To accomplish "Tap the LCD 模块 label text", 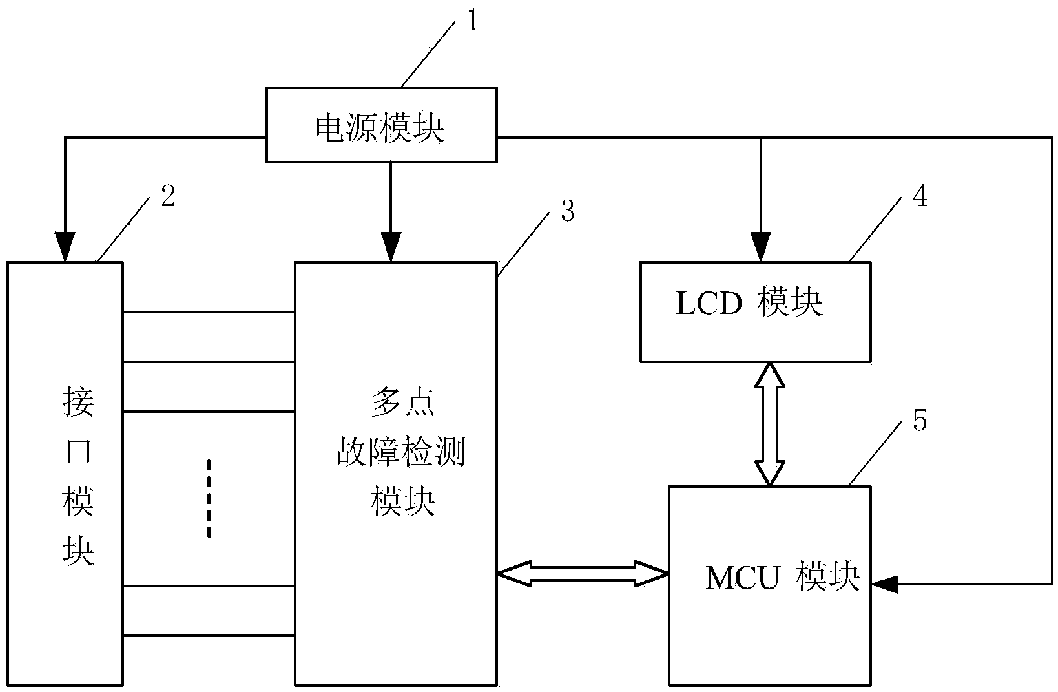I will tap(749, 304).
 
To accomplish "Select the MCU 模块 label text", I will tap(783, 578).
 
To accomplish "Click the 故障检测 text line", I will tap(400, 454).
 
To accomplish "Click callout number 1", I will tap(473, 23).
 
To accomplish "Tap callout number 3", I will tap(568, 212).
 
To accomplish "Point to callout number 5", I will tap(920, 421).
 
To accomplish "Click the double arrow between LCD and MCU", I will tap(770, 423).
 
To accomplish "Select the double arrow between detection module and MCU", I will tap(583, 574).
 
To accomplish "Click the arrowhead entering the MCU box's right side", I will tap(884, 584).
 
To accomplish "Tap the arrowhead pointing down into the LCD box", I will tap(761, 249).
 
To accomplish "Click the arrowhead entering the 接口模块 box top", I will tap(65, 249).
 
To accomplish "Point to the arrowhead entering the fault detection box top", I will tap(390, 249).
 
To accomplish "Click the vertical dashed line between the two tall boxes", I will tap(209, 498).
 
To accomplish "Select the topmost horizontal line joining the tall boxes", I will tap(209, 313).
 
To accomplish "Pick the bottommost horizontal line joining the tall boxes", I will tap(209, 636).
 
